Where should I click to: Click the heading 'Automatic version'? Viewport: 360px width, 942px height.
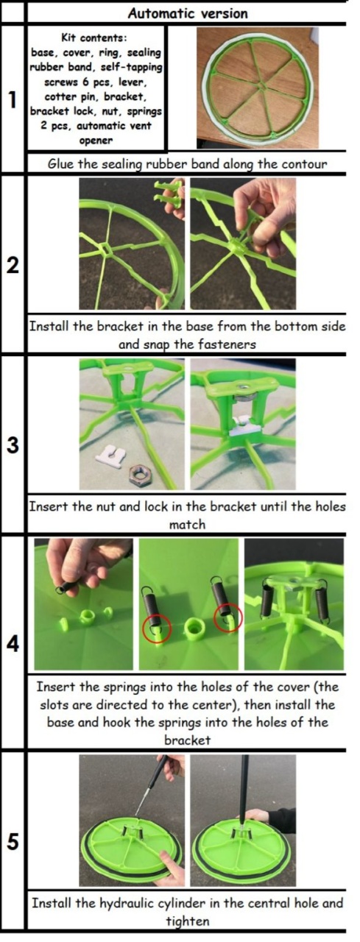tap(188, 13)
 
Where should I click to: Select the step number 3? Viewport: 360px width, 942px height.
tap(13, 445)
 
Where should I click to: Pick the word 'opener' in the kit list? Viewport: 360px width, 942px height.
tap(96, 141)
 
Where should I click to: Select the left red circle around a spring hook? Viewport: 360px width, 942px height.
tap(157, 628)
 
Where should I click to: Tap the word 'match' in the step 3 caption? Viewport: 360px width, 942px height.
tap(187, 525)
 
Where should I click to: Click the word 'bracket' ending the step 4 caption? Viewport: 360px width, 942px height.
tap(187, 740)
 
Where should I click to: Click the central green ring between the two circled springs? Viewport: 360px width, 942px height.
tap(194, 628)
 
